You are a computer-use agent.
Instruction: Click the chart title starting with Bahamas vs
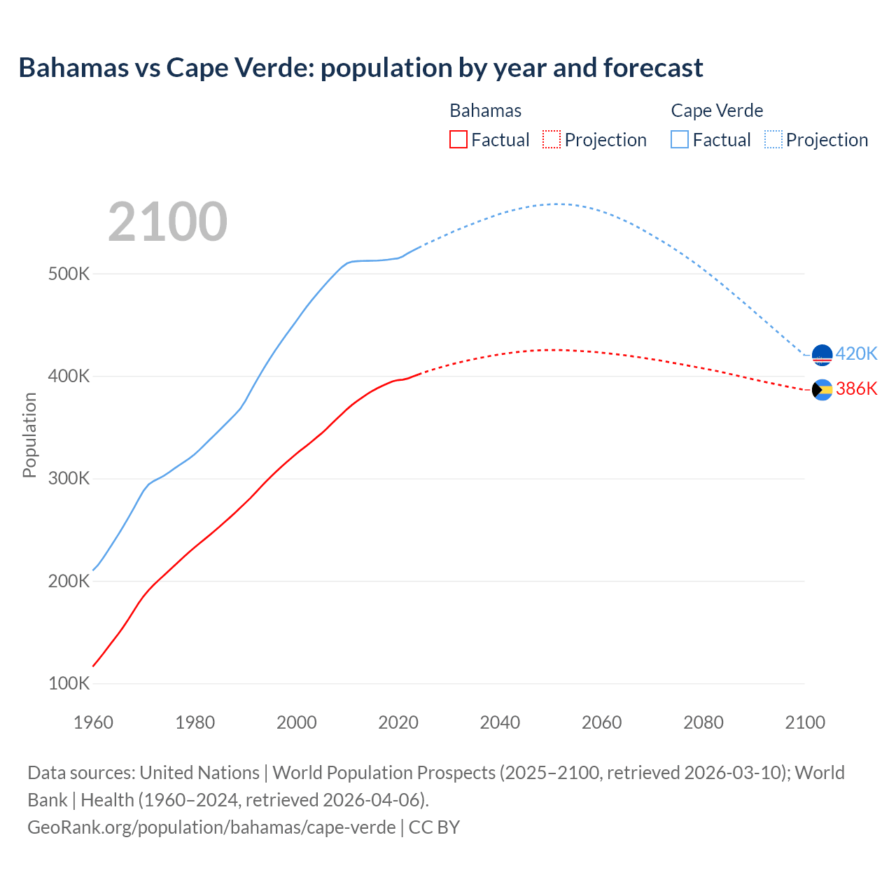coord(360,68)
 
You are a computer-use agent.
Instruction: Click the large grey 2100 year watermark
coord(167,222)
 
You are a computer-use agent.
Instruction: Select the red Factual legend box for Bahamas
coord(458,139)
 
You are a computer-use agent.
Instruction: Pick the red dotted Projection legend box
coord(552,139)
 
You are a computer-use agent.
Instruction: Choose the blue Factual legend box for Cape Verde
coord(680,139)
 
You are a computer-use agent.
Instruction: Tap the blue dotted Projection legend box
coord(773,139)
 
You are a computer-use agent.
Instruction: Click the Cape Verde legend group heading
coord(717,111)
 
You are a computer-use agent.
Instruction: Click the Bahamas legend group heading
coord(485,111)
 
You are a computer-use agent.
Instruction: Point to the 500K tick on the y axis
coord(69,274)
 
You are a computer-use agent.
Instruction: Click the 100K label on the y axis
coord(69,684)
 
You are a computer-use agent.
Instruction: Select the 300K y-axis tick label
coord(69,479)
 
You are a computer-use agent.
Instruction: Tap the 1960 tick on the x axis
coord(93,722)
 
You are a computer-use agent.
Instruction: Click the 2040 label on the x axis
coord(500,722)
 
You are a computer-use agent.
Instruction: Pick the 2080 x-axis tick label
coord(703,722)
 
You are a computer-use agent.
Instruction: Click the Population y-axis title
coord(29,435)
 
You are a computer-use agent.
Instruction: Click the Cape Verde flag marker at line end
coord(822,355)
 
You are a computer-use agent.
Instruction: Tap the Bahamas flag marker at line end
coord(822,390)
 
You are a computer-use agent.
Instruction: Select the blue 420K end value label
coord(856,353)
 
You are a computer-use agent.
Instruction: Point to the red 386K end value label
coord(856,389)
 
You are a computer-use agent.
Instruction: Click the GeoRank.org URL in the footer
coord(211,827)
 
